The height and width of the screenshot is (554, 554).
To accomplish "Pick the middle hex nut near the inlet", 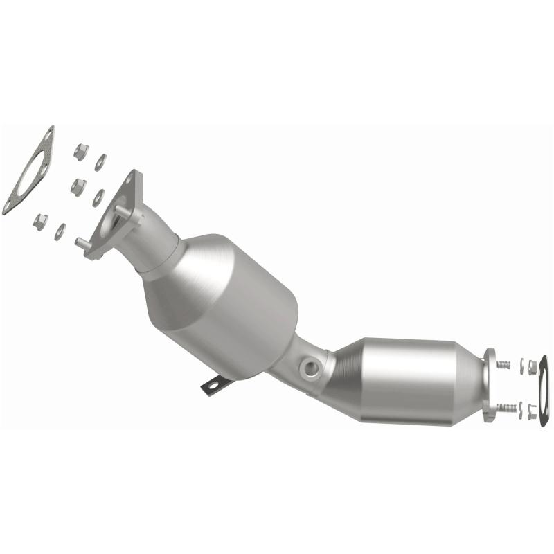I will [x=78, y=186].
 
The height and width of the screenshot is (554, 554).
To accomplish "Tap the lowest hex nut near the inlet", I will [x=41, y=221].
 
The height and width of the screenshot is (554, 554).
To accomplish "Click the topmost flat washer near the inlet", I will [x=101, y=162].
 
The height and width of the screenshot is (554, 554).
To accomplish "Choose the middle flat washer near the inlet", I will [x=98, y=197].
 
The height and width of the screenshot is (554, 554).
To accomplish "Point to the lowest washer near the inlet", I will [x=60, y=232].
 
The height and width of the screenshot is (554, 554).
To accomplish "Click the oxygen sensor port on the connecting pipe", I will [x=312, y=366].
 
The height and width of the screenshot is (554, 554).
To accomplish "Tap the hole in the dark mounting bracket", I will [x=217, y=383].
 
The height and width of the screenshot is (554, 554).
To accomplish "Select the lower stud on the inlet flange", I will [x=82, y=243].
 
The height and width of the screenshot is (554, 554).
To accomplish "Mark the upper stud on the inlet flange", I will [x=120, y=207].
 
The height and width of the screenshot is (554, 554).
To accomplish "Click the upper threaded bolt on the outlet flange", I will [x=503, y=364].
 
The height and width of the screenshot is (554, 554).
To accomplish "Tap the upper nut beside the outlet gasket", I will [x=531, y=367].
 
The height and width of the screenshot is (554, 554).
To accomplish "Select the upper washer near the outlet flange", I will [x=521, y=366].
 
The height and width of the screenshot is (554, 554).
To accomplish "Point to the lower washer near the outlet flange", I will [x=521, y=410].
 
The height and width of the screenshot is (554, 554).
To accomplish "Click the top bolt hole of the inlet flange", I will [x=129, y=182].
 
